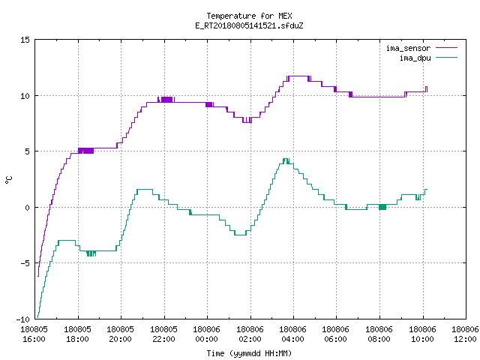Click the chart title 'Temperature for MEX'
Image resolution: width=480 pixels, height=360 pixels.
pyautogui.click(x=249, y=16)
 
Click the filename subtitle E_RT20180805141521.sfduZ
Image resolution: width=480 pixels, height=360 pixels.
pyautogui.click(x=249, y=25)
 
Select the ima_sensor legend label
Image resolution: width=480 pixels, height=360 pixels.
pyautogui.click(x=408, y=48)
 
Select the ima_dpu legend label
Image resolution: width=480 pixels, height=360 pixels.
pyautogui.click(x=415, y=58)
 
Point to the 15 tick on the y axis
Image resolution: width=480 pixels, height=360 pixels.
pyautogui.click(x=25, y=40)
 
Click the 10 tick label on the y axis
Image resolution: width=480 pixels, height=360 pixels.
pyautogui.click(x=25, y=96)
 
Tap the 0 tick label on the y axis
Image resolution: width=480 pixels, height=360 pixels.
pyautogui.click(x=27, y=208)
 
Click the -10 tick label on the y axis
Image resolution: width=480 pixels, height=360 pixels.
pyautogui.click(x=23, y=319)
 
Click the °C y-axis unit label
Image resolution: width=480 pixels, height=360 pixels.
pyautogui.click(x=9, y=180)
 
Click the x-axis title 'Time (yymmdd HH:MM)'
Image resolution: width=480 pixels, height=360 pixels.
pyautogui.click(x=249, y=353)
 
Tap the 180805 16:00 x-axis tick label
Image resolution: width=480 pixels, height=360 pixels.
pyautogui.click(x=34, y=334)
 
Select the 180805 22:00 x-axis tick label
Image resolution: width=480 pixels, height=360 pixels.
pyautogui.click(x=163, y=334)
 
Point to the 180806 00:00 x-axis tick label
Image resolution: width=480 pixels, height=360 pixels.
pyautogui.click(x=207, y=334)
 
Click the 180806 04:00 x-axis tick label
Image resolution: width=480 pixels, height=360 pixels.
pyautogui.click(x=293, y=334)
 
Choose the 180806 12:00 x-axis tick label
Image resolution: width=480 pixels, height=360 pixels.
pyautogui.click(x=465, y=334)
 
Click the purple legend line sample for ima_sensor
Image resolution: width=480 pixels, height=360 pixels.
pyautogui.click(x=446, y=48)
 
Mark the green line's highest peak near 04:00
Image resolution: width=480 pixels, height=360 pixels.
pyautogui.click(x=286, y=159)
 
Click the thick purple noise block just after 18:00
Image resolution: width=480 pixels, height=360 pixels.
pyautogui.click(x=86, y=151)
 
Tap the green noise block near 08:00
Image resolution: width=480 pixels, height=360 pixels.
pyautogui.click(x=382, y=207)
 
